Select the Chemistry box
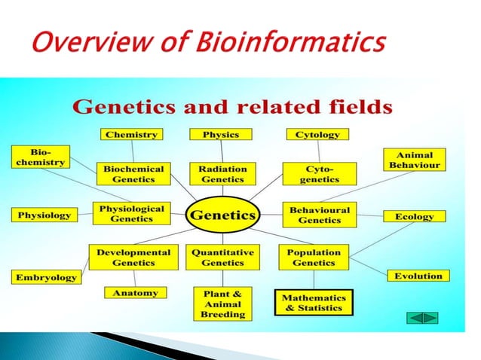pyautogui.click(x=130, y=135)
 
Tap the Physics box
pyautogui.click(x=221, y=135)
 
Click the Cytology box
pyautogui.click(x=317, y=135)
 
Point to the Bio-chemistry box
pyautogui.click(x=38, y=157)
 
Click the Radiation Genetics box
pyautogui.click(x=222, y=174)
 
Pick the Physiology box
pyautogui.click(x=44, y=215)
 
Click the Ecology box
pyautogui.click(x=415, y=216)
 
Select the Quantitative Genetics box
pyautogui.click(x=222, y=258)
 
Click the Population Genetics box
pyautogui.click(x=314, y=258)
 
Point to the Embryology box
pyautogui.click(x=47, y=278)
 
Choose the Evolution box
pyautogui.click(x=418, y=276)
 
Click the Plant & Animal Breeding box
pyautogui.click(x=222, y=304)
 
